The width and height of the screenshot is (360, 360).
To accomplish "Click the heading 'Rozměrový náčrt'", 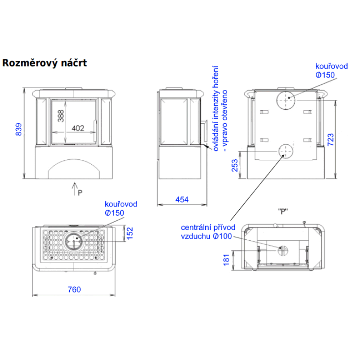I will coord(45,63).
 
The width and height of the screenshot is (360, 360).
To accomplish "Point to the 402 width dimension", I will coord(78,128).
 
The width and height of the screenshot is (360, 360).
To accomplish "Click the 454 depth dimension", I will coord(182,199).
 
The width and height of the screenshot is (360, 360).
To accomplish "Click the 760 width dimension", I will coord(74,290).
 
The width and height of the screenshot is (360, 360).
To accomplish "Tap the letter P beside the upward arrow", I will coord(80,192).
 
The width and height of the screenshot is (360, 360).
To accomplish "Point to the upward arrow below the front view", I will coord(75,188).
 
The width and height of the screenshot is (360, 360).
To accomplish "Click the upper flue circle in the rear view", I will coord(285,100).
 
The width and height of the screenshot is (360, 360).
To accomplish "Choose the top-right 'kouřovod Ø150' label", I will coord(332,71).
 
